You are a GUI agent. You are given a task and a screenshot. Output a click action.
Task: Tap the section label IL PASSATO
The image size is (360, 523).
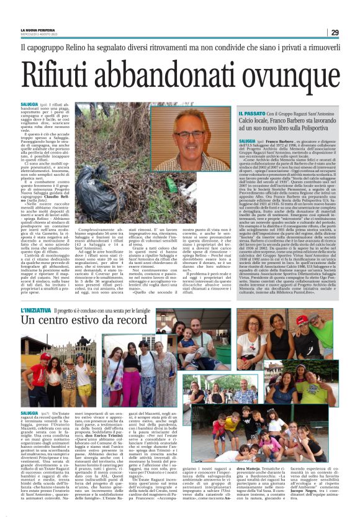click(252, 114)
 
